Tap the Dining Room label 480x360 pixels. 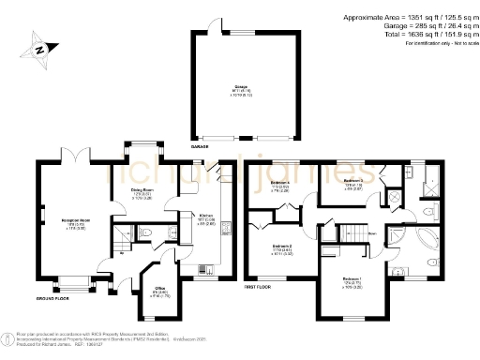point(141,193)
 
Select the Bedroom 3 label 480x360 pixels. point(352,181)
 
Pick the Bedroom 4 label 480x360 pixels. point(278,183)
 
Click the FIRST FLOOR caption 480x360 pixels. point(259,285)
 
